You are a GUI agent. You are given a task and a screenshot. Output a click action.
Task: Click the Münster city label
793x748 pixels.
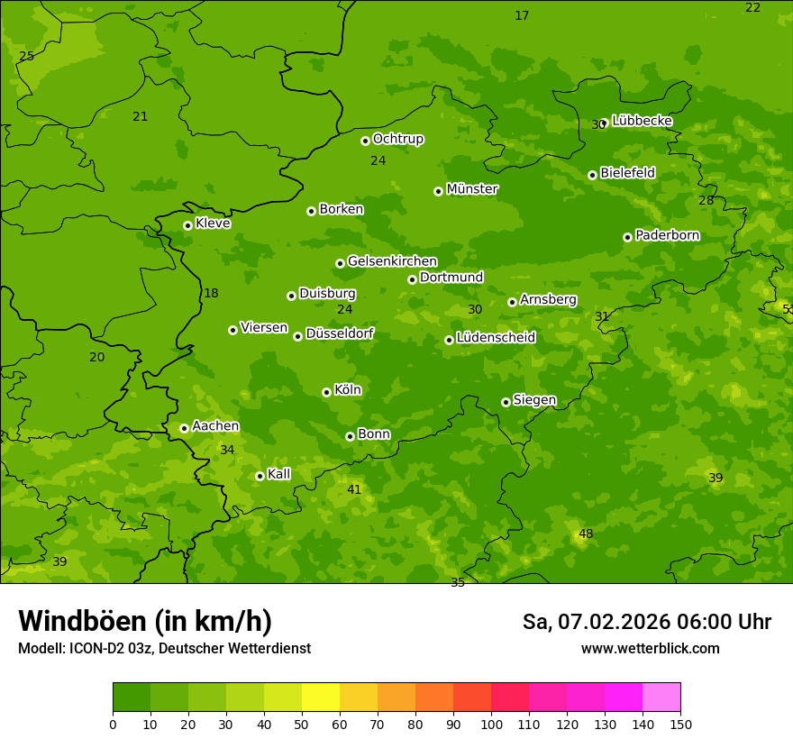pyautogui.click(x=471, y=189)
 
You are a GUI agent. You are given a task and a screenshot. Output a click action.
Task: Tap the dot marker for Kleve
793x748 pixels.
pyautogui.click(x=187, y=225)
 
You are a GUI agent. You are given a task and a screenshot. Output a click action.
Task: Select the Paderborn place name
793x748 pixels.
pyautogui.click(x=667, y=235)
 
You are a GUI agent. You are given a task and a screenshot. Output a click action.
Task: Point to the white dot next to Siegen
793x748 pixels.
pyautogui.click(x=506, y=402)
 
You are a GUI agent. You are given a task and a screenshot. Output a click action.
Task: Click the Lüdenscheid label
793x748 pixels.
pyautogui.click(x=496, y=338)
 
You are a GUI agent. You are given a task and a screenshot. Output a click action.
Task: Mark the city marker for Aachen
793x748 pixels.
pyautogui.click(x=184, y=428)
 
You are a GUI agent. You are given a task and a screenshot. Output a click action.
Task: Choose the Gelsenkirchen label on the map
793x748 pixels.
pyautogui.click(x=392, y=261)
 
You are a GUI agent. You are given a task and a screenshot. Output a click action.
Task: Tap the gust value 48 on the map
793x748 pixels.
pyautogui.click(x=586, y=534)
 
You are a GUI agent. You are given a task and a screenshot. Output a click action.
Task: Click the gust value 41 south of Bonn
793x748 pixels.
pyautogui.click(x=354, y=489)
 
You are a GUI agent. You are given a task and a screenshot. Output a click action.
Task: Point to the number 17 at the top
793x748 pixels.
pyautogui.click(x=522, y=15)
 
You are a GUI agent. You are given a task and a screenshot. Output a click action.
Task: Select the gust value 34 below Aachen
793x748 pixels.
pyautogui.click(x=227, y=450)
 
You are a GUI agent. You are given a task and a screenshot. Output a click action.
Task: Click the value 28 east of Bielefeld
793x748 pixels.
pyautogui.click(x=706, y=200)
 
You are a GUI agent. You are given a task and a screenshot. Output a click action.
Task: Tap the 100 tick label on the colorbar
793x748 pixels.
pyautogui.click(x=491, y=725)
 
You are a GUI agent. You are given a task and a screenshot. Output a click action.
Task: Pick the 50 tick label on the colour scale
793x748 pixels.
pyautogui.click(x=302, y=725)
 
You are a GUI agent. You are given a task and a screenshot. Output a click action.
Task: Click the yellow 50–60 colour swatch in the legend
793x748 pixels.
pyautogui.click(x=321, y=698)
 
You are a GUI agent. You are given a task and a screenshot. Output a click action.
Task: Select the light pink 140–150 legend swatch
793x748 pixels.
pyautogui.click(x=661, y=698)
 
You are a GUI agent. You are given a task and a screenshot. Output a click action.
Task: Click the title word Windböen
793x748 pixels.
pyautogui.click(x=82, y=621)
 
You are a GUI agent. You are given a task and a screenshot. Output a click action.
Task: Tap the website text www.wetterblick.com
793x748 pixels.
pyautogui.click(x=650, y=649)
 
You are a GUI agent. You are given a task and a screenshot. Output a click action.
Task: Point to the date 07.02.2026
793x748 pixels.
pyautogui.click(x=607, y=622)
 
